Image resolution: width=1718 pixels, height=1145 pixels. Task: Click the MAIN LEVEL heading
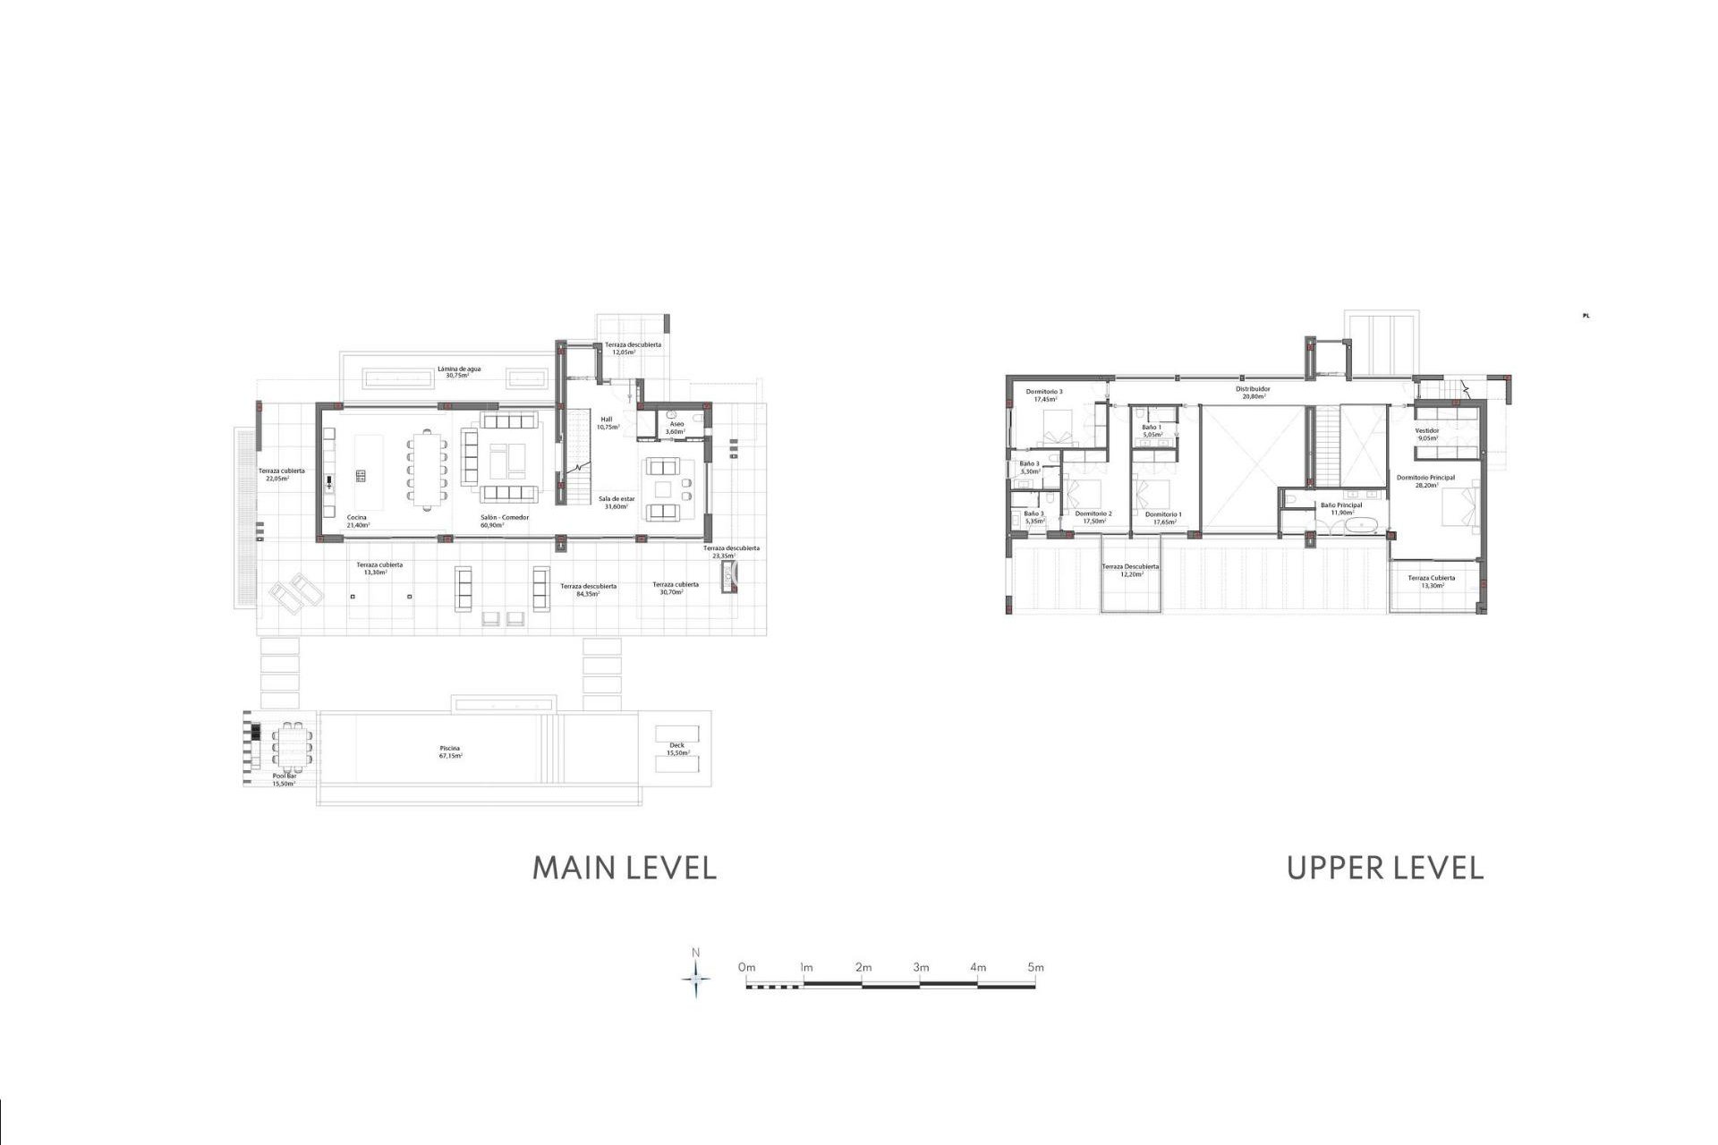click(625, 868)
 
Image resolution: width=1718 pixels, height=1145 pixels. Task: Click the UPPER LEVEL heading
click(1384, 868)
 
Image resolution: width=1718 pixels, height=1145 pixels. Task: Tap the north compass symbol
click(696, 979)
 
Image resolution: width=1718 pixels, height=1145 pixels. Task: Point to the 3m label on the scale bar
click(921, 967)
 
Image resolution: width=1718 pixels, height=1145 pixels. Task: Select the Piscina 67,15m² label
click(450, 751)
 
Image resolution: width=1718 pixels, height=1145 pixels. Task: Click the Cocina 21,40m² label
click(357, 521)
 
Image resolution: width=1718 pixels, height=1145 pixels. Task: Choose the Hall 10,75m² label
click(608, 423)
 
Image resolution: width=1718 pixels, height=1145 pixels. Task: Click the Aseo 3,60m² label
click(676, 428)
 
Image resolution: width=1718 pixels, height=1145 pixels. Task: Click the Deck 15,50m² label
click(676, 749)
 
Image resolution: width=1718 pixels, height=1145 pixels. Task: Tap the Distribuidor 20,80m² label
click(1253, 392)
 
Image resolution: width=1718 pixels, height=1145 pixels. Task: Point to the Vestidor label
click(1426, 434)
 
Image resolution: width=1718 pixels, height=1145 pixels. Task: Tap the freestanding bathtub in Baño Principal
click(1354, 526)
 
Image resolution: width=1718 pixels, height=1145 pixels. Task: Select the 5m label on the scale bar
click(1035, 967)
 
